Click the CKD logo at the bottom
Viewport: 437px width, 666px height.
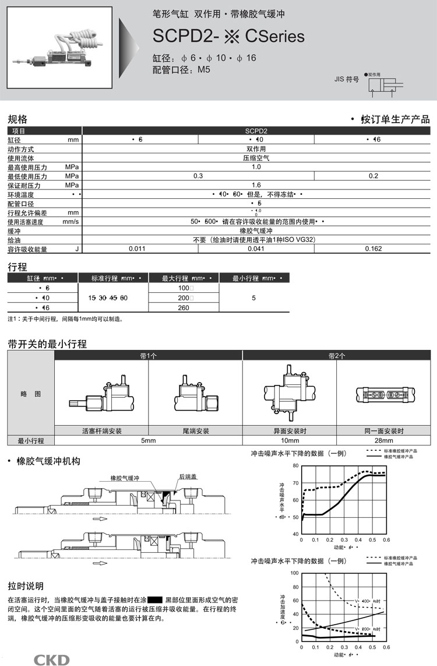pyautogui.click(x=51, y=660)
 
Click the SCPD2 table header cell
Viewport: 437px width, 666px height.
pyautogui.click(x=256, y=131)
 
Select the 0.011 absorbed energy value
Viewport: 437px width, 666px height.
pyautogui.click(x=136, y=248)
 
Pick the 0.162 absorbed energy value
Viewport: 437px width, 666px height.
pyautogui.click(x=373, y=248)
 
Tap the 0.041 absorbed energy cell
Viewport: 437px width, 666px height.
pyautogui.click(x=256, y=248)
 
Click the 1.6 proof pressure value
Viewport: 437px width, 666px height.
pyautogui.click(x=256, y=185)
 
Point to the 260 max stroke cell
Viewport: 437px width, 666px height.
pyautogui.click(x=184, y=307)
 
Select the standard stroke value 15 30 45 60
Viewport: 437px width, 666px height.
pyautogui.click(x=108, y=298)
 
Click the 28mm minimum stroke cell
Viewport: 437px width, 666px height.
pyautogui.click(x=384, y=440)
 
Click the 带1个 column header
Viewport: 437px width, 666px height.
pyautogui.click(x=148, y=355)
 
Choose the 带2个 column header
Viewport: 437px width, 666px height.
pyautogui.click(x=336, y=355)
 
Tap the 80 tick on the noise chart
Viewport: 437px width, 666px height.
pyautogui.click(x=296, y=466)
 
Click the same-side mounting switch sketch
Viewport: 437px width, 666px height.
pyautogui.click(x=384, y=395)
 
